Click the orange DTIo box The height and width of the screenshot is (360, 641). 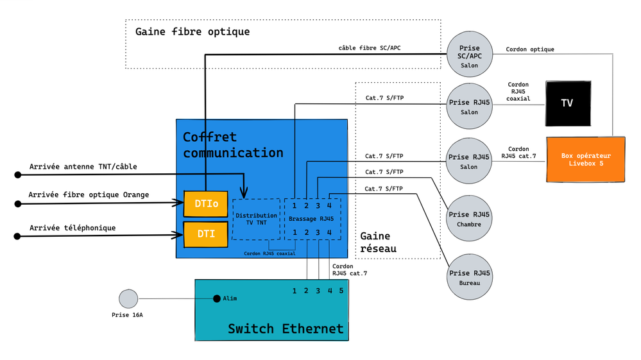pos(206,203)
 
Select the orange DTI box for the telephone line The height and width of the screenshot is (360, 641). pos(206,234)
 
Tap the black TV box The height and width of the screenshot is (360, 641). pos(567,103)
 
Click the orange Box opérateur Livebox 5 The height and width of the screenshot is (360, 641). pos(585,159)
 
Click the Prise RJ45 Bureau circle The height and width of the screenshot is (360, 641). pos(469,277)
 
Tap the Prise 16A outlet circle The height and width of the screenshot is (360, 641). pos(128,299)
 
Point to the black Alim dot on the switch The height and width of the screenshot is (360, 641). pos(217,298)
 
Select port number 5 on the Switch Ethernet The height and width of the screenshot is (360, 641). pos(341,291)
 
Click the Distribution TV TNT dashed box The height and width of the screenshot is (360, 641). pos(256,219)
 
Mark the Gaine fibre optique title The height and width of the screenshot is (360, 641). pos(192,31)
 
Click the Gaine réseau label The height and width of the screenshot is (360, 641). pos(378,242)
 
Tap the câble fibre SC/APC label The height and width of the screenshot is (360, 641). pos(370,48)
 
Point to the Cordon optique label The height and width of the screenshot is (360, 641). pos(529,49)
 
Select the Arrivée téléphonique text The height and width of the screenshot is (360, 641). pos(73,228)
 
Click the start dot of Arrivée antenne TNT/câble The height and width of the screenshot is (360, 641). pos(18,174)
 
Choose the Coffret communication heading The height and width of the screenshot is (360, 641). pos(232,145)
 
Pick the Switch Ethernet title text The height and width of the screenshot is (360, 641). pos(286,329)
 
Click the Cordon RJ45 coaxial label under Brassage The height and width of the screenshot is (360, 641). pos(269,253)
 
